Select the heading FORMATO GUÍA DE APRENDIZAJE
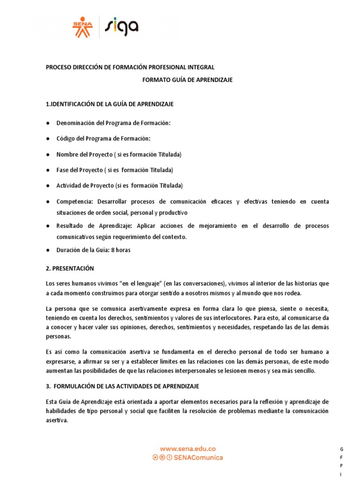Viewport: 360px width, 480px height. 187,80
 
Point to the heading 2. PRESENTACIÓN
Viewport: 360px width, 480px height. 70,269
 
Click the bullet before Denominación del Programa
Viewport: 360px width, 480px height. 48,123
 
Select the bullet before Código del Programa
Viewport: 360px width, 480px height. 48,139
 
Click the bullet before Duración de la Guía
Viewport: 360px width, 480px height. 48,250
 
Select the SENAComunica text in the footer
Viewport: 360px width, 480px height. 199,457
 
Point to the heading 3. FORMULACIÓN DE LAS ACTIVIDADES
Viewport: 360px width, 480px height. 122,386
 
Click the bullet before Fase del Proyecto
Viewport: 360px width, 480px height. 48,170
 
